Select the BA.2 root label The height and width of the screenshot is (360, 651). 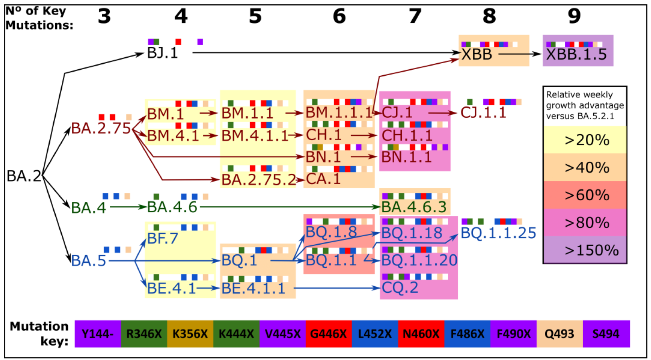(24, 176)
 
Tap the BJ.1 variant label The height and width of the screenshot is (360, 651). (162, 53)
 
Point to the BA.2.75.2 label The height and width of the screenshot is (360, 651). (258, 180)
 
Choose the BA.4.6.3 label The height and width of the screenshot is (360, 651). (413, 207)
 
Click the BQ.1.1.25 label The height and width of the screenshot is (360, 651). (498, 233)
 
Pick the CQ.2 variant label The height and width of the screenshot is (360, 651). (400, 288)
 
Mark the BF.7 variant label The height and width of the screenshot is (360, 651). (162, 239)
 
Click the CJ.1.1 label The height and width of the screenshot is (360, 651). (484, 113)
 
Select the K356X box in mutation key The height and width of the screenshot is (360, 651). (190, 334)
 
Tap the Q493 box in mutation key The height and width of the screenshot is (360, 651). (560, 334)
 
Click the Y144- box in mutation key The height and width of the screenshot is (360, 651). (98, 334)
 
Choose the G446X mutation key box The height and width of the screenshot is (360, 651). (329, 334)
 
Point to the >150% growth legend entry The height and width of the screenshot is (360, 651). (585, 250)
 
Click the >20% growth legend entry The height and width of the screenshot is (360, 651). (585, 140)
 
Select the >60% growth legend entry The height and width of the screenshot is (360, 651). (585, 195)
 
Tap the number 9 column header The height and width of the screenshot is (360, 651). (574, 16)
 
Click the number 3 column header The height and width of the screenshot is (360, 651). (104, 16)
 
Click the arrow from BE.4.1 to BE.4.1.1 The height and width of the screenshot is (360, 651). (208, 288)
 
